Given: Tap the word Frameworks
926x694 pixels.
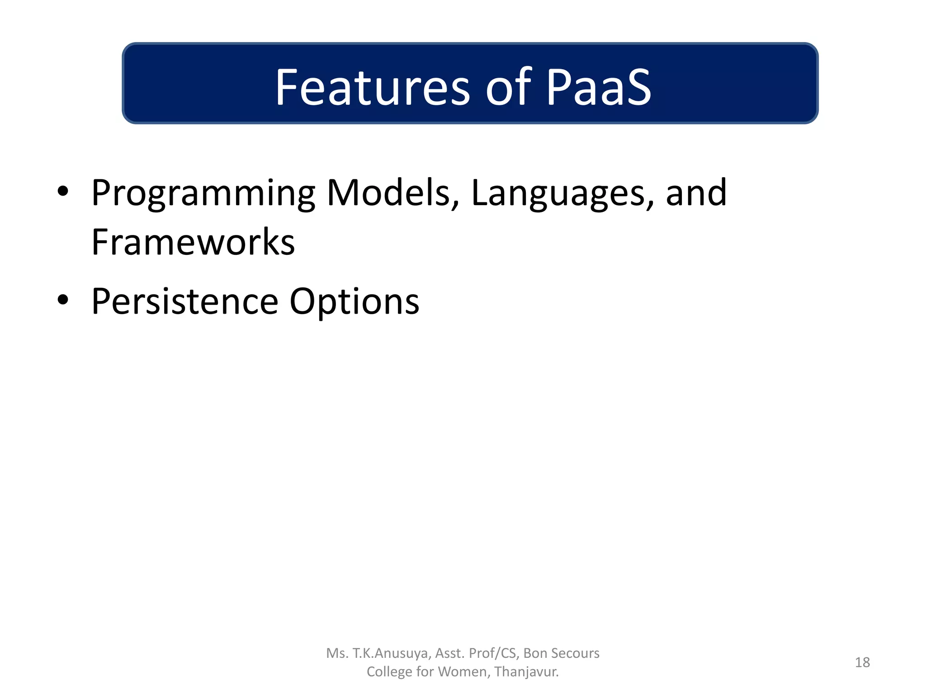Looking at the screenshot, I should [193, 242].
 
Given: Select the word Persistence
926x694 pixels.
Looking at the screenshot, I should [185, 301].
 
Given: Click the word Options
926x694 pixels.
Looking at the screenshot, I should [354, 302].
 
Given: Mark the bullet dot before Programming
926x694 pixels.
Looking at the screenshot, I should [63, 192].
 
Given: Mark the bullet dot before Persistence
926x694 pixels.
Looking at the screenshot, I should [63, 300].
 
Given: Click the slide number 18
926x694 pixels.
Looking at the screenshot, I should [862, 662].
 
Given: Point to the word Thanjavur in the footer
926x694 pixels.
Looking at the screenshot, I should [526, 672].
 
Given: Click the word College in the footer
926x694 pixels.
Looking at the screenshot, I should [389, 672].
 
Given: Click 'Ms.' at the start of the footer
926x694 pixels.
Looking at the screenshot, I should [337, 653].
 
